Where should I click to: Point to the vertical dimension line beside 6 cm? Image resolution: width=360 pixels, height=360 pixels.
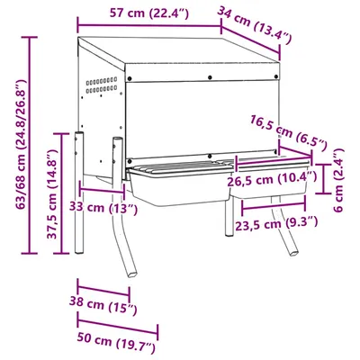tap(325, 179)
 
